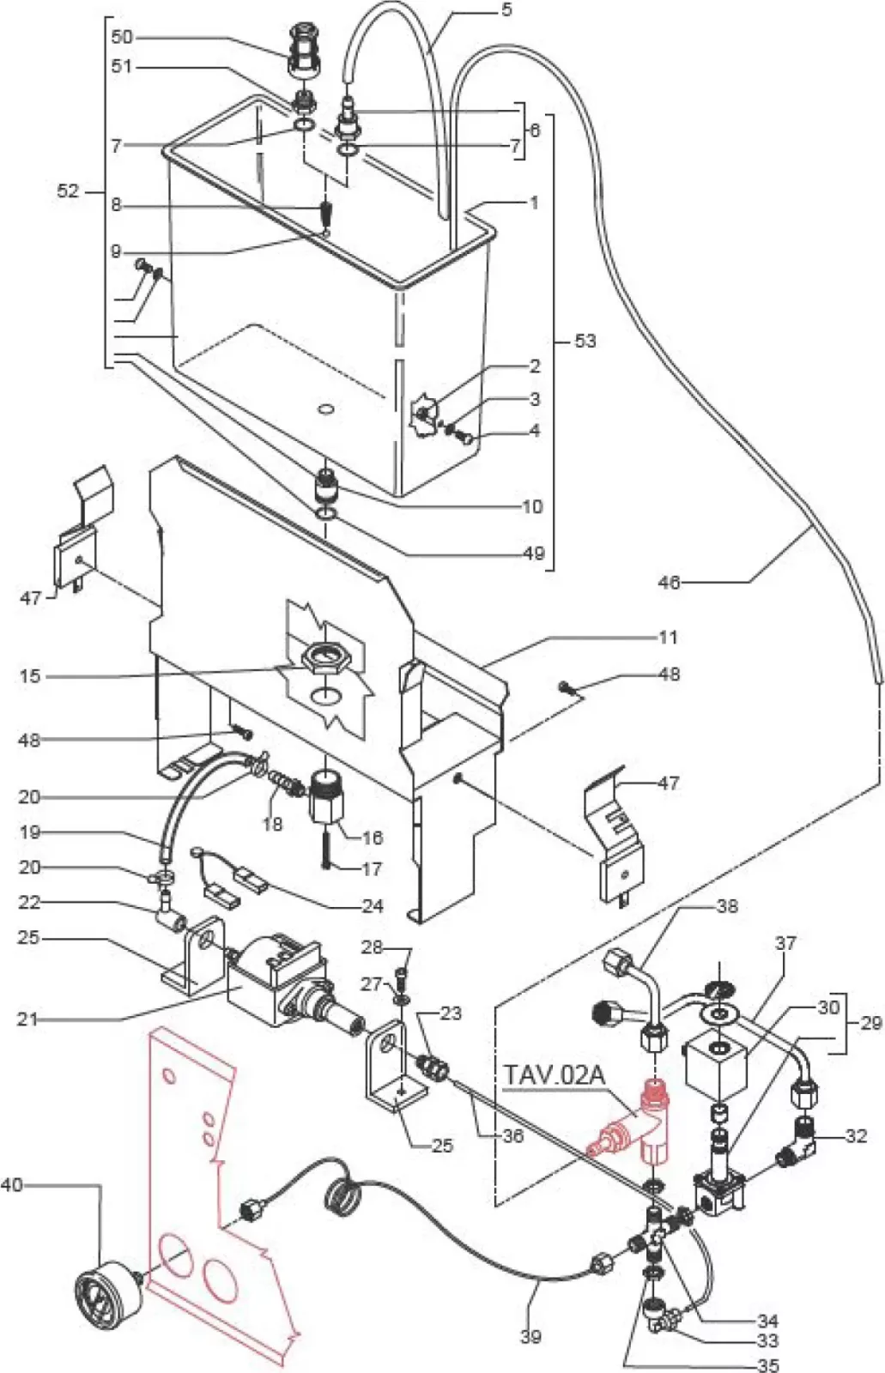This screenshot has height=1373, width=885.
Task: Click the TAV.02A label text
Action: coord(555,1075)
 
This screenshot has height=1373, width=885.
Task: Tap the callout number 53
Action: coord(585,342)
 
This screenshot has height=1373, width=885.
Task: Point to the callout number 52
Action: coord(68,191)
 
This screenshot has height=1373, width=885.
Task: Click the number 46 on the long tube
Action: coord(669,583)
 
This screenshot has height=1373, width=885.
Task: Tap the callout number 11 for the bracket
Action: coord(668,637)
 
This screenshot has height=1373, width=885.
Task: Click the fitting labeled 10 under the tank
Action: coord(327,487)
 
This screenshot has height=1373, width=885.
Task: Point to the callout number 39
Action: coord(530,1335)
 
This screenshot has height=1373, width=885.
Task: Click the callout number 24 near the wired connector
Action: coord(372,905)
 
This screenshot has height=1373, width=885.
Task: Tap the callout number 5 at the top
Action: coord(506,10)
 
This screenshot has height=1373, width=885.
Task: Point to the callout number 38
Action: coord(727,906)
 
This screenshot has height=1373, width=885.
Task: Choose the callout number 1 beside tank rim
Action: coord(534,203)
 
